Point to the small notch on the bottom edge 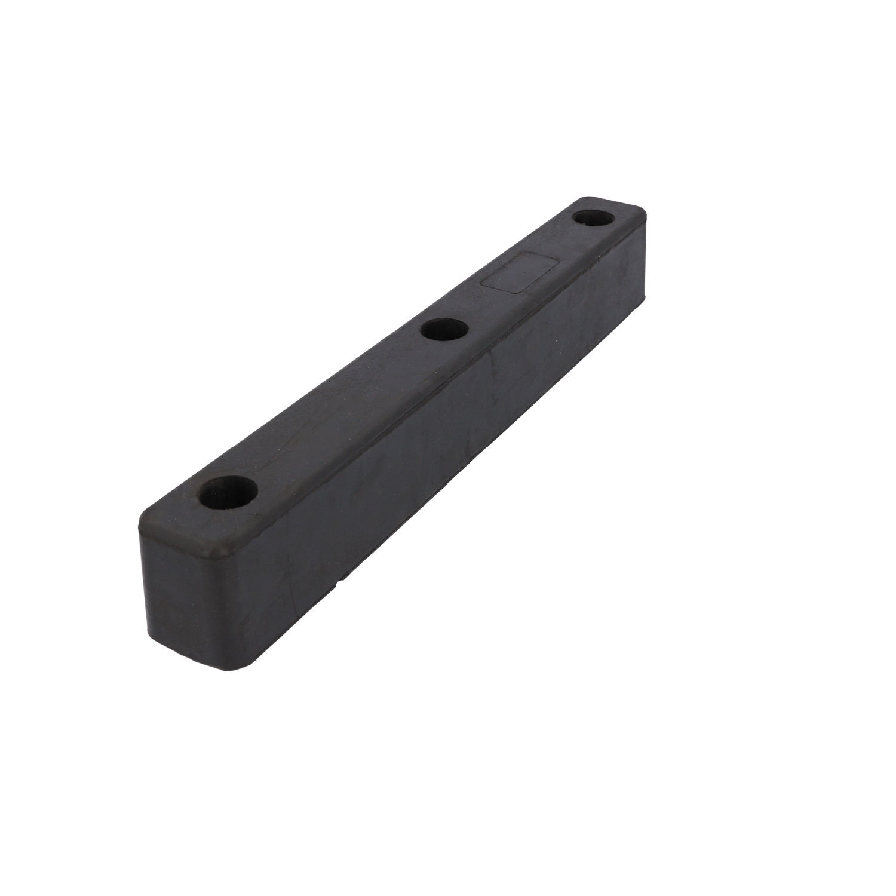(342, 579)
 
